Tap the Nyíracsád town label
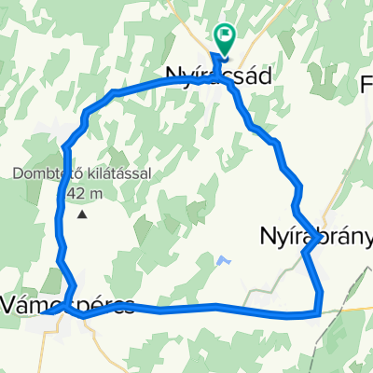tap(217, 78)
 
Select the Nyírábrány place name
tap(313, 238)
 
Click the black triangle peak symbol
tap(82, 214)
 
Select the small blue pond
tap(221, 261)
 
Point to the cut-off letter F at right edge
tap(366, 85)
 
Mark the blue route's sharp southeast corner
tap(320, 312)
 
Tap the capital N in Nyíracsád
tap(174, 78)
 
